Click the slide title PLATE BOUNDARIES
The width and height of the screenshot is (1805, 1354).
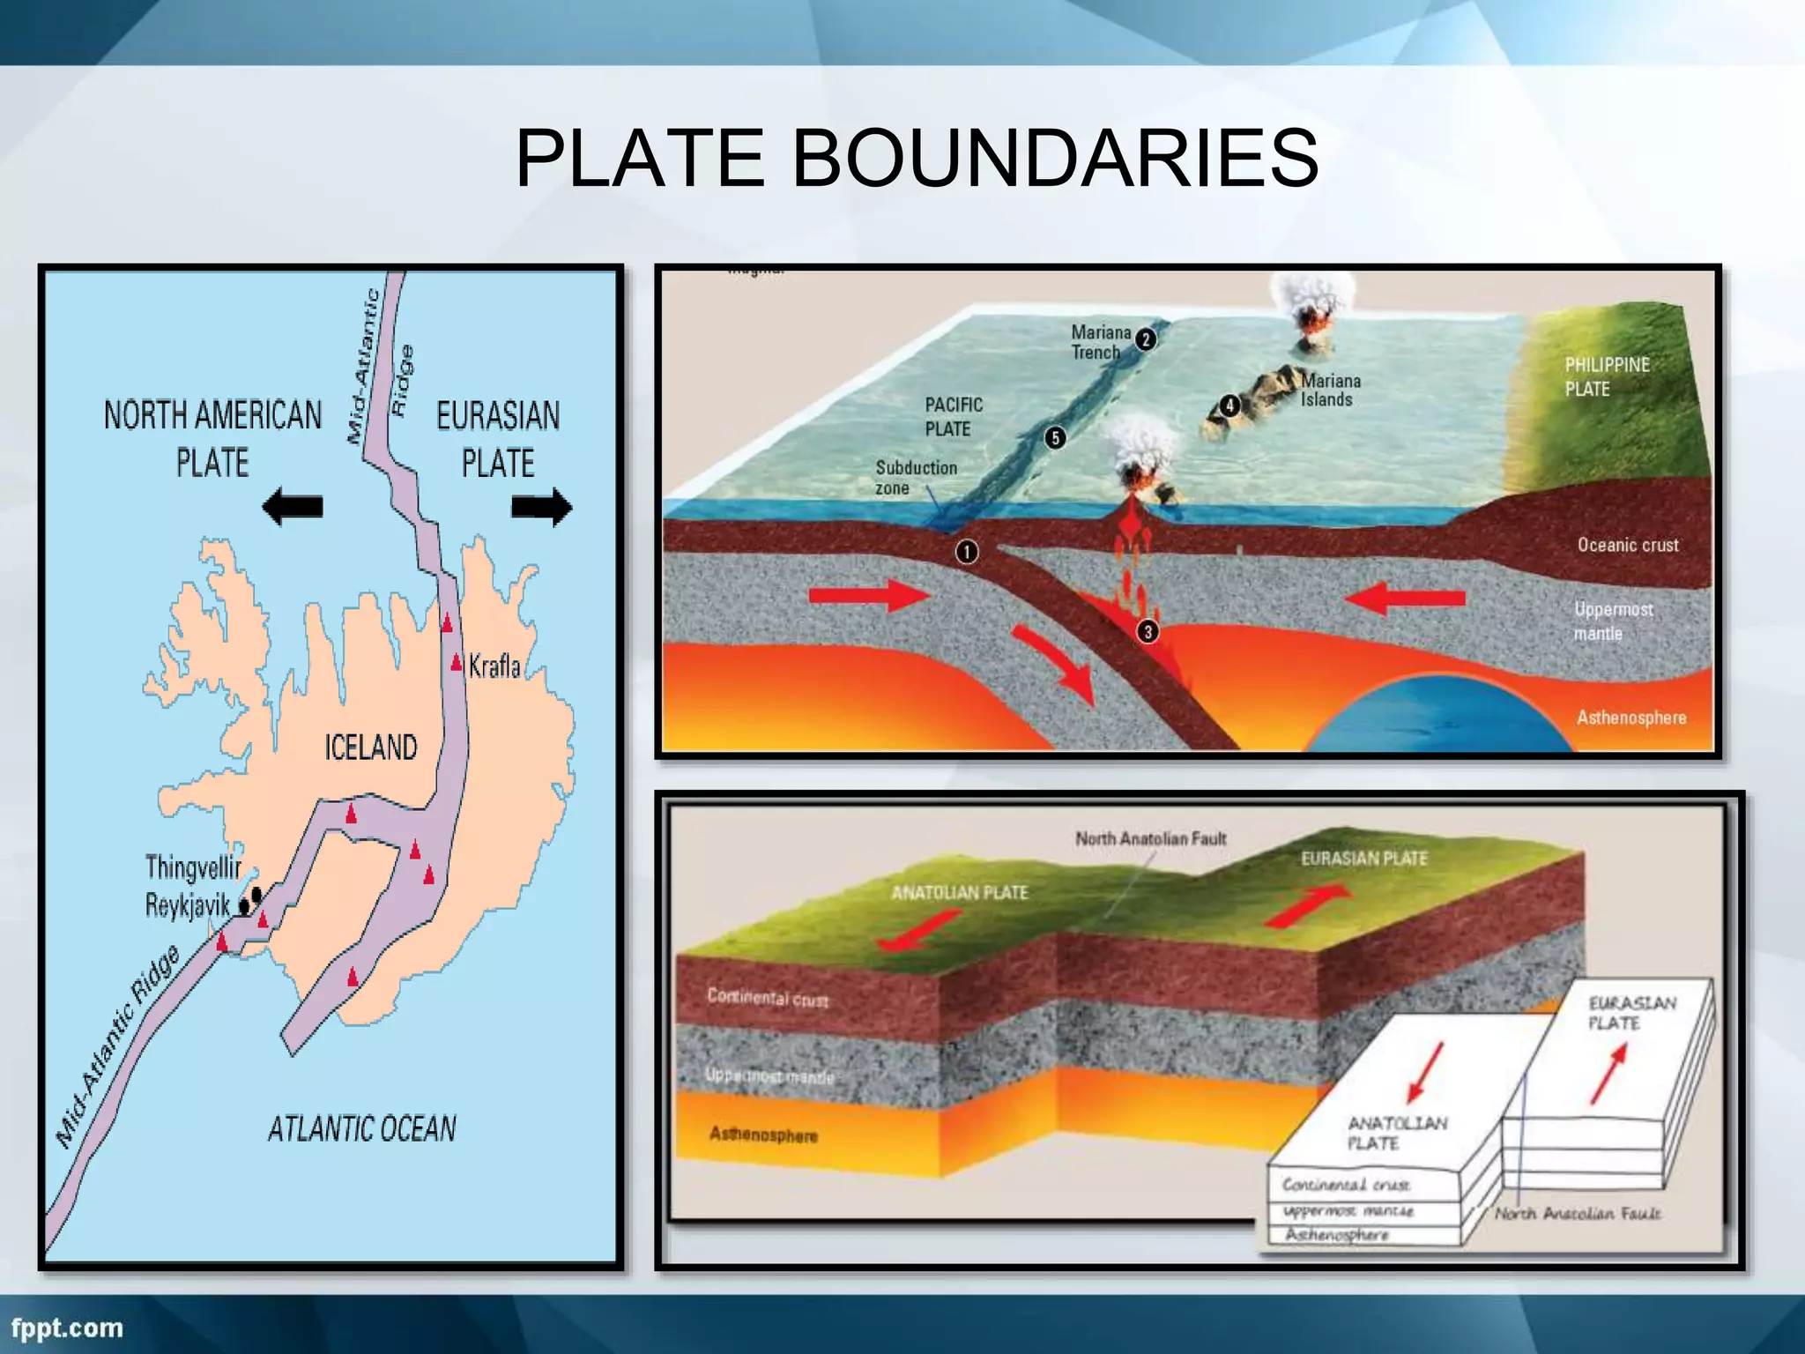click(x=917, y=159)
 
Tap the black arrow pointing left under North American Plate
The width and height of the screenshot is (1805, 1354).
click(x=293, y=507)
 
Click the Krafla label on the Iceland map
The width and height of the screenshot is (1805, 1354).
click(x=494, y=666)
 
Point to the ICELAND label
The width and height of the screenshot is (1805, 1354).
click(x=370, y=748)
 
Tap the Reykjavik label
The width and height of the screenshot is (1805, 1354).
click(x=187, y=905)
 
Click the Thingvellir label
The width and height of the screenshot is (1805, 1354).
click(x=193, y=867)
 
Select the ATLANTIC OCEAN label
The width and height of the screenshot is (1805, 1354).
click(x=362, y=1129)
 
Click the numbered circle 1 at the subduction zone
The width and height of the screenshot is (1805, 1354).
click(x=967, y=552)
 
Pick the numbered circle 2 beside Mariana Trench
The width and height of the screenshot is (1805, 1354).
click(x=1146, y=339)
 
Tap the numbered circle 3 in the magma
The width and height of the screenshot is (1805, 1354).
click(x=1148, y=631)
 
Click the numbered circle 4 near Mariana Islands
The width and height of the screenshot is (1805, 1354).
click(x=1229, y=405)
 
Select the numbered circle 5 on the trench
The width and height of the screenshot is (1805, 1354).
click(x=1055, y=438)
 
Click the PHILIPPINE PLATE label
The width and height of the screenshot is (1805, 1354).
click(x=1607, y=376)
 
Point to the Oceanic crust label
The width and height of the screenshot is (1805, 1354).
click(x=1628, y=546)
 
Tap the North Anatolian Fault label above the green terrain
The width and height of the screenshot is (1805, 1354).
click(x=1150, y=839)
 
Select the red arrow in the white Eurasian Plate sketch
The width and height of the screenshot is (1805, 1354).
click(x=1608, y=1074)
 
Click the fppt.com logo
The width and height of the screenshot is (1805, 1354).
click(x=67, y=1328)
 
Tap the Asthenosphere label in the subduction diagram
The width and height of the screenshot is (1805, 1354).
click(x=1631, y=718)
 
